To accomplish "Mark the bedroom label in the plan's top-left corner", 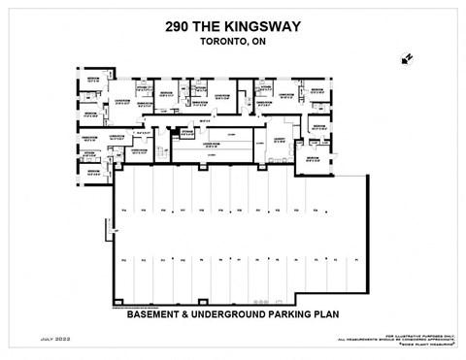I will pos(92,78).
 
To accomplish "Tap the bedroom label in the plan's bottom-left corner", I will pos(92,172).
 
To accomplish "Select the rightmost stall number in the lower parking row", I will pos(358,260).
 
